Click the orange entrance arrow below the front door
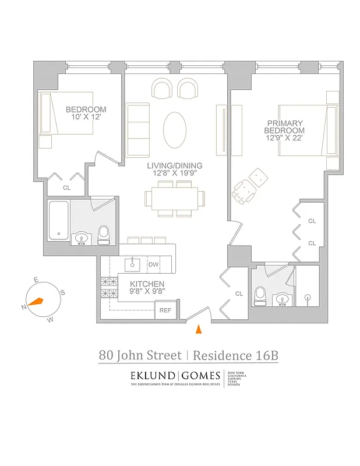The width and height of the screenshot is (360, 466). (198, 330)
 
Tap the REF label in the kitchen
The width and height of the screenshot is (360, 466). (165, 310)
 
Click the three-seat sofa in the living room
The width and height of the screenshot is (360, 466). (137, 129)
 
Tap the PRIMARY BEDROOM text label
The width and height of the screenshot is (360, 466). (285, 127)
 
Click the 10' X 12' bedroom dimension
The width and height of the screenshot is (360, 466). (86, 117)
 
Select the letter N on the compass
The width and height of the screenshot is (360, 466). (24, 307)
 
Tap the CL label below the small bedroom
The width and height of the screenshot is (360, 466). (66, 188)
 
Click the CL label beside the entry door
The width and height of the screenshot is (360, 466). (238, 294)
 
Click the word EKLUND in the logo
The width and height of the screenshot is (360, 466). (151, 375)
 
